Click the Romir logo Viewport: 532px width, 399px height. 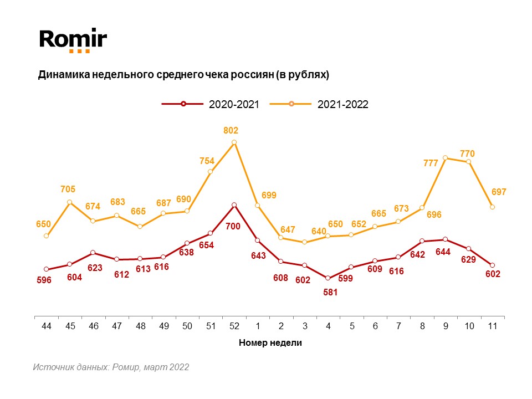[73, 40]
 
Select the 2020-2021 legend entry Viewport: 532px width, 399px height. [211, 104]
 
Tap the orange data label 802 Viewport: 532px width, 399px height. [231, 131]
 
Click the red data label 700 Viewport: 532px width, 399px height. [233, 226]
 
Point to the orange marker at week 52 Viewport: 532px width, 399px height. [234, 142]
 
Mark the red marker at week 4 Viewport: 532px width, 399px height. [328, 278]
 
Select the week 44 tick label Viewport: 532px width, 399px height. [47, 326]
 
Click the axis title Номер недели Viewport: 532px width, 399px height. [270, 342]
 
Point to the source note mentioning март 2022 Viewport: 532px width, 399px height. [111, 367]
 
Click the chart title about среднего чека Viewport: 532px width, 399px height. [183, 75]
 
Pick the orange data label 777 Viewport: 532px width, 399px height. [431, 163]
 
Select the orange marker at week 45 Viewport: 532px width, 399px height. [70, 202]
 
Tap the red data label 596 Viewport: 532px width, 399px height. [44, 280]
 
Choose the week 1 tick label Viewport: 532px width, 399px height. [258, 326]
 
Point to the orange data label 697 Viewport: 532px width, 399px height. [498, 192]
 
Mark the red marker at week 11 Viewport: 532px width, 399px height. [492, 265]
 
